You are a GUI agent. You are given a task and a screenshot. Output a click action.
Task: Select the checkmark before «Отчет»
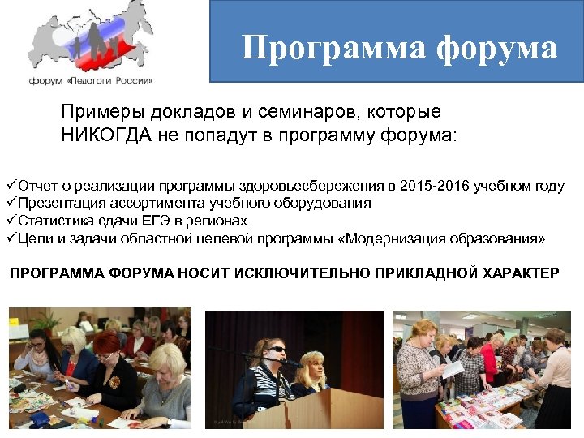pyautogui.click(x=11, y=187)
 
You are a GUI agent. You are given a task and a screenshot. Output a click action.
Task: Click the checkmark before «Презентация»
pyautogui.click(x=11, y=204)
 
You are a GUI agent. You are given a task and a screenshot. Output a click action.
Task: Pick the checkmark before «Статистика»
pyautogui.click(x=11, y=221)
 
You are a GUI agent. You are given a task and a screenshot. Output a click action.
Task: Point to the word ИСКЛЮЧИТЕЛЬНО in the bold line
pyautogui.click(x=302, y=273)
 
